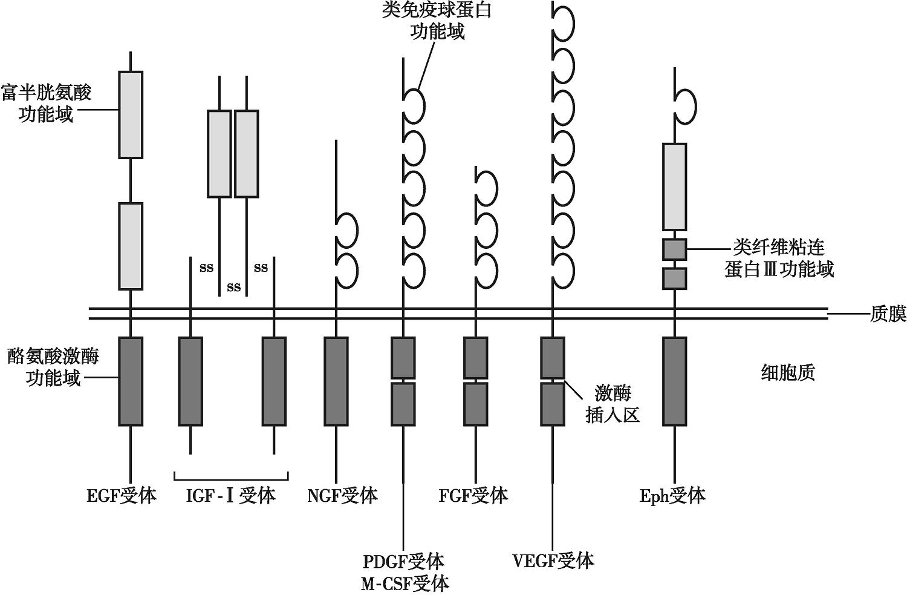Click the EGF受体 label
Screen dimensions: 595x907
pos(122,496)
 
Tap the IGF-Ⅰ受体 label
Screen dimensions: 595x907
pos(230,496)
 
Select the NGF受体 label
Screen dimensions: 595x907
pos(342,496)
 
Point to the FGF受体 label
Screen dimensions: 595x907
pos(473,496)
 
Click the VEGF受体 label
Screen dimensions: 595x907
pos(553,561)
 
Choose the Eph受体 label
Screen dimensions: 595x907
pos(673,496)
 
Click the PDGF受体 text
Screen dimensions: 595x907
pos(403,561)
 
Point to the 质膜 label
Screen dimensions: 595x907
pos(888,314)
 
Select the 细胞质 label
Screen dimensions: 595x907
pos(787,372)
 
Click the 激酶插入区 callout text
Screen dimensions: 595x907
pos(613,404)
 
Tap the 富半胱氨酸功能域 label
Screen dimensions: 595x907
pos(47,103)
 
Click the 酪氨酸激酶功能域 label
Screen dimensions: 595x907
pos(53,367)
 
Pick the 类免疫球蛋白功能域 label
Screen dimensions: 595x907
pos(437,21)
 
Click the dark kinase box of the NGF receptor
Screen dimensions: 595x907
pos(336,381)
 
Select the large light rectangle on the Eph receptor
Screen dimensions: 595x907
pos(675,186)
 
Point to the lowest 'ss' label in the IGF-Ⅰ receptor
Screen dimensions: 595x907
pos(234,287)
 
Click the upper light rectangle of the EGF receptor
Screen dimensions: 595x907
pos(131,114)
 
